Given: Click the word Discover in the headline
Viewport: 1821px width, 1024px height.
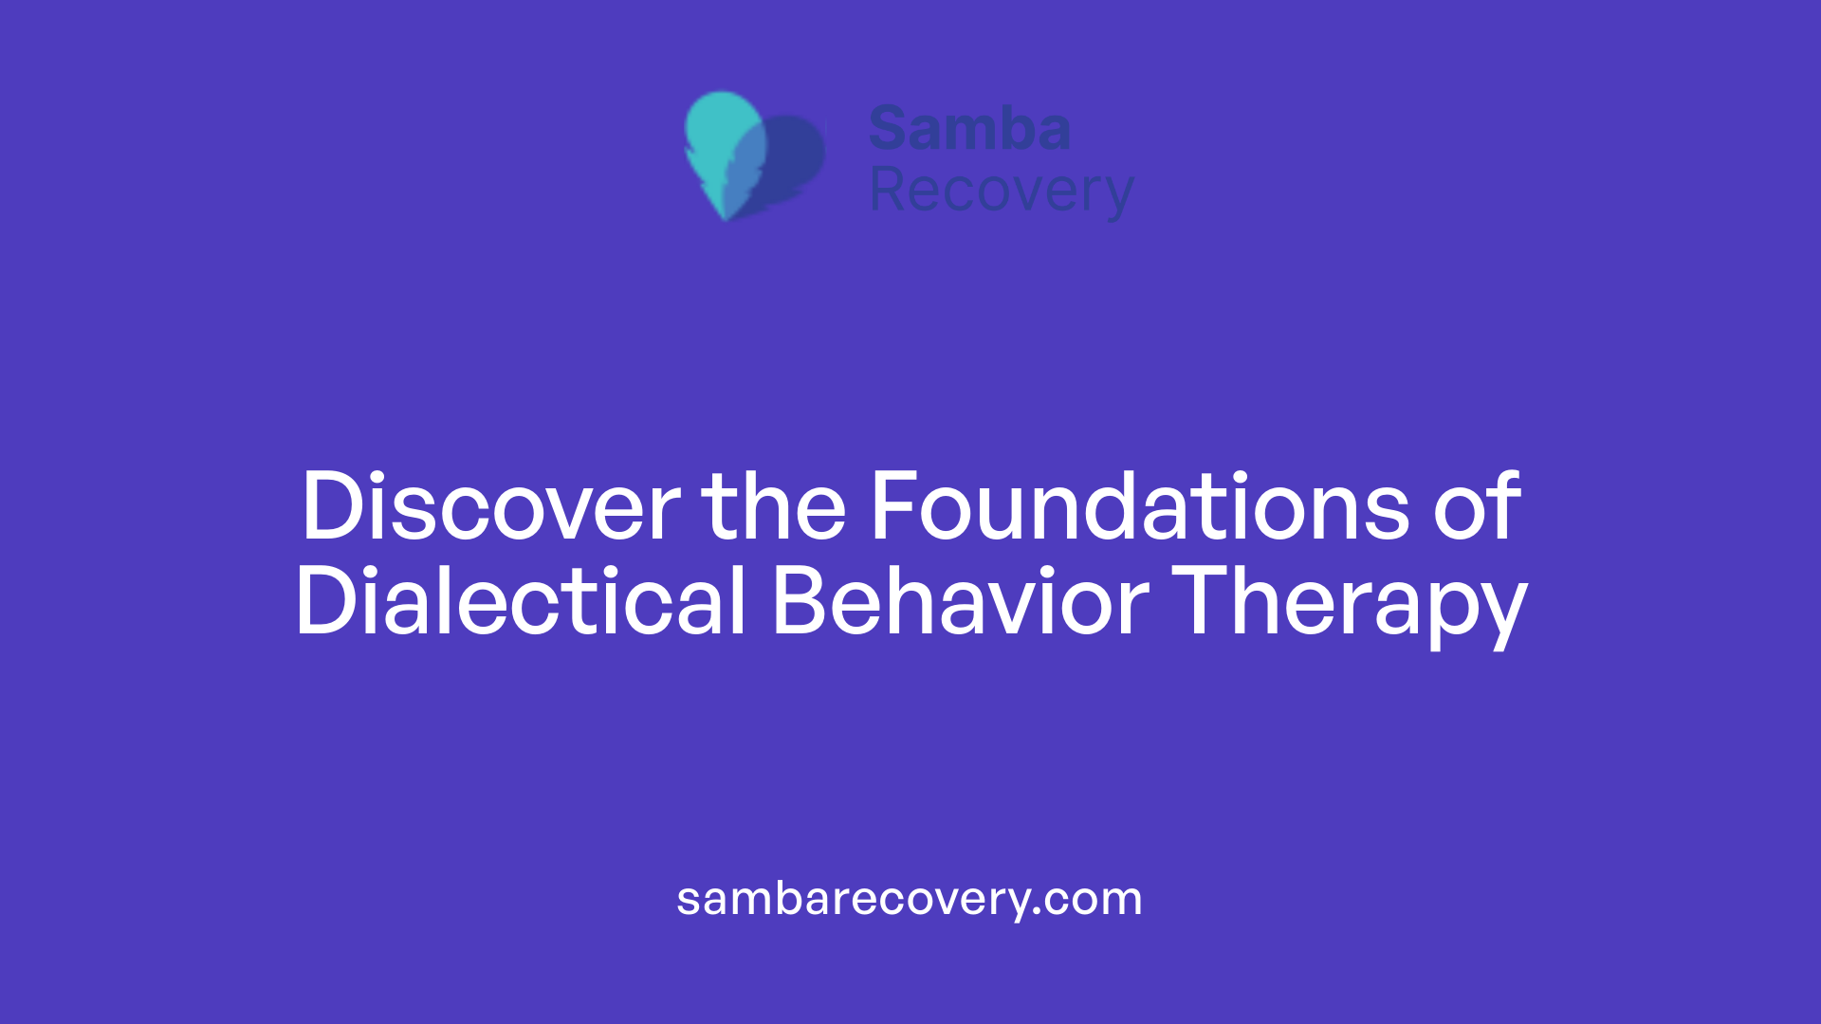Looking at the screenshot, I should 490,507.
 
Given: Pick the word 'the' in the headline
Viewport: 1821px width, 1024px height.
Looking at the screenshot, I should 773,507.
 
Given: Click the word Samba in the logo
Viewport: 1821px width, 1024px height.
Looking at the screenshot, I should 969,129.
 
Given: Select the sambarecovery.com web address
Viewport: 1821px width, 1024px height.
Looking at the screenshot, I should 910,899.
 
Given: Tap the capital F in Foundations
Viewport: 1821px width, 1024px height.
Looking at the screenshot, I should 895,507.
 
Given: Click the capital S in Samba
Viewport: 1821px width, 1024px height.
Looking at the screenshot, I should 889,129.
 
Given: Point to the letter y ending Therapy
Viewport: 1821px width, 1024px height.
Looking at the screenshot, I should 1503,612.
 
